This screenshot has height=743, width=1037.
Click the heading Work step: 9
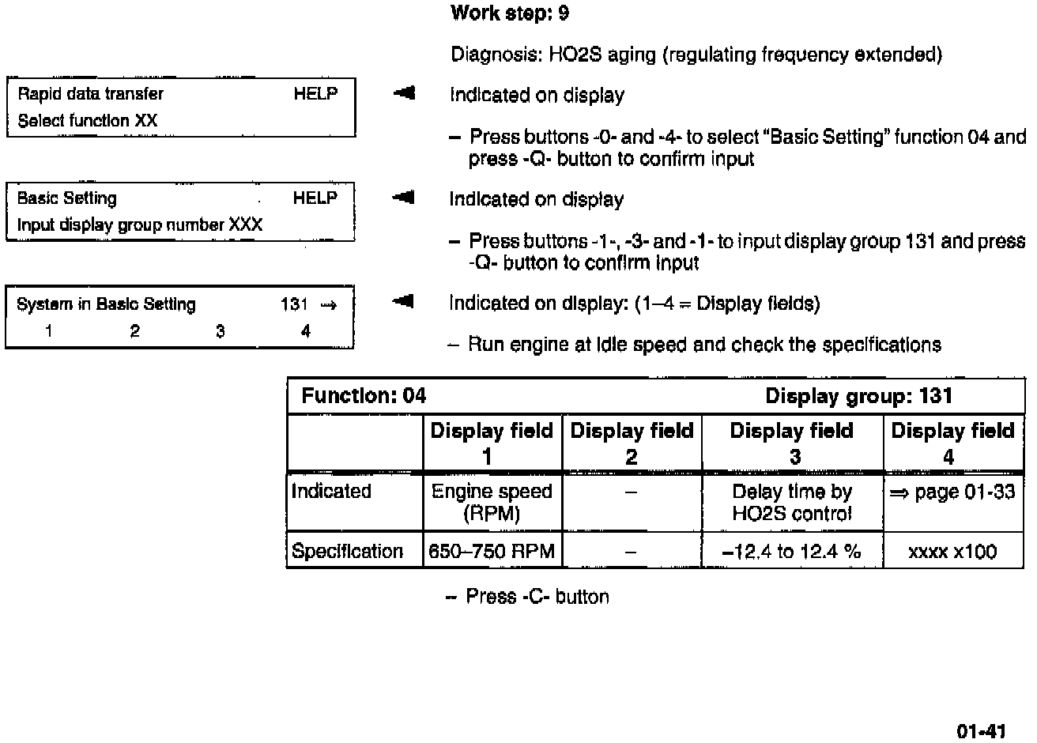coord(509,13)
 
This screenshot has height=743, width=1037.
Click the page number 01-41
coord(981,731)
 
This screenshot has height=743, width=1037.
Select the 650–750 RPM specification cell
coord(492,551)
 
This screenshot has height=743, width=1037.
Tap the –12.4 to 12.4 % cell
coord(791,551)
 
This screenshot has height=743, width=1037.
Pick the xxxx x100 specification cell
coord(952,552)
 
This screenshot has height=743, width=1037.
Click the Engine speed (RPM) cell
coord(492,502)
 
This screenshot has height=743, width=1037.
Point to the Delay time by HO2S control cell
coord(791,502)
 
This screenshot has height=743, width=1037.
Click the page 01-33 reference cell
coord(952,492)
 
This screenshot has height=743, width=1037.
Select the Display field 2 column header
coord(631,443)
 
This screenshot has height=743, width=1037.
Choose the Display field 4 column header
coord(952,443)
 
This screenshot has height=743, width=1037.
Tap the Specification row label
coord(347,551)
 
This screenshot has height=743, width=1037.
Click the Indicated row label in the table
coord(331,492)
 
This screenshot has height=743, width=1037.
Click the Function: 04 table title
coord(364,396)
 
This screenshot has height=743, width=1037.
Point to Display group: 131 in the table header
coord(858,396)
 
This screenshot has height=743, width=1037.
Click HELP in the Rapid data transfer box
coord(315,94)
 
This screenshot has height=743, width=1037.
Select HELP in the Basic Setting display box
coord(315,198)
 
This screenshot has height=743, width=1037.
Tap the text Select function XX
coord(87,121)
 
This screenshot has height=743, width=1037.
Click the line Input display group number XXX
coord(139,225)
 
